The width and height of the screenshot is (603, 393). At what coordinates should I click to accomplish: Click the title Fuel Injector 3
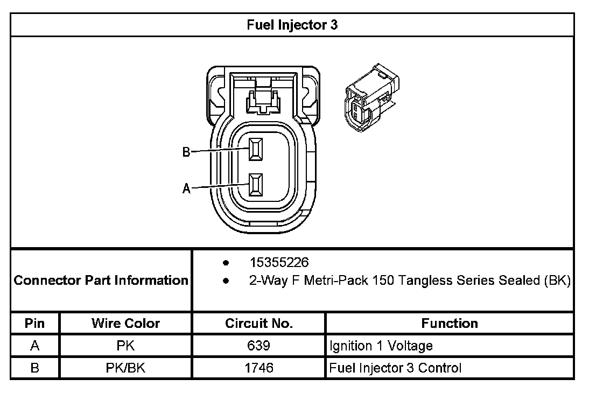click(292, 25)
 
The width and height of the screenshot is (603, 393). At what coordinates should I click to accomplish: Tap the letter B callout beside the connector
click(186, 153)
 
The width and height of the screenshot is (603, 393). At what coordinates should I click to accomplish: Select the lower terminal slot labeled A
click(255, 186)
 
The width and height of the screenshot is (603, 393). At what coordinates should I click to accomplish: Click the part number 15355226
click(279, 263)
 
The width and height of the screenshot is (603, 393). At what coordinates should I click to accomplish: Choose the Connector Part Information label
click(101, 280)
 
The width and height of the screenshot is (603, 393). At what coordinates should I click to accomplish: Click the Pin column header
click(35, 324)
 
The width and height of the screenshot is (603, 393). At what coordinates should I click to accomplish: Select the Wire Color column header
click(125, 324)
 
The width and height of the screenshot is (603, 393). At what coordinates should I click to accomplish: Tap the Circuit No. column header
click(259, 324)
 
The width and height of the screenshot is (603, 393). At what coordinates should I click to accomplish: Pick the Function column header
click(450, 324)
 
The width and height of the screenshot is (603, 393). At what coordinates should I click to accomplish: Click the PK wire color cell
click(125, 346)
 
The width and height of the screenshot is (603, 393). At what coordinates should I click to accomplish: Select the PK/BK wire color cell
click(125, 368)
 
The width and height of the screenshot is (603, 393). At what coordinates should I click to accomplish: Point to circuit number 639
click(259, 346)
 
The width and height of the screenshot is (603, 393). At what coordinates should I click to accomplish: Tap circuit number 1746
click(259, 368)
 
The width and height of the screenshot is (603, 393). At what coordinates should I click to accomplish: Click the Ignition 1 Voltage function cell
click(381, 346)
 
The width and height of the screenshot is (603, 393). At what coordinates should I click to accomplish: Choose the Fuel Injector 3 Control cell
click(396, 368)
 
